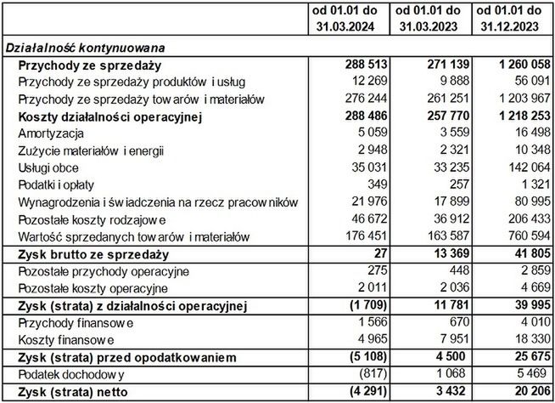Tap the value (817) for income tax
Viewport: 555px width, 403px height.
(x=371, y=375)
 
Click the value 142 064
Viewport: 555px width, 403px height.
(x=524, y=168)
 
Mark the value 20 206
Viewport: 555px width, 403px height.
(x=528, y=393)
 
